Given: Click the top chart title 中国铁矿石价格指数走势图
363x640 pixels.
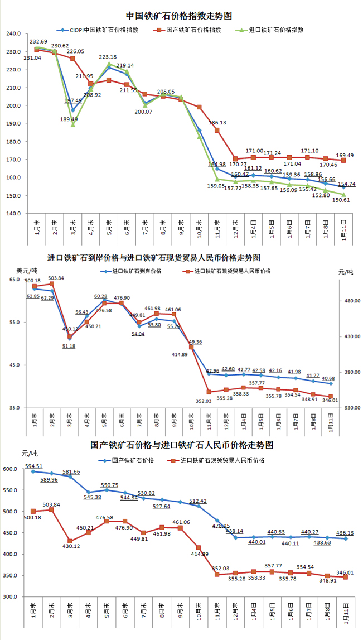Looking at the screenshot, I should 179,16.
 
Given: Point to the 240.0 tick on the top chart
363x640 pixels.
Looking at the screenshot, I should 13,34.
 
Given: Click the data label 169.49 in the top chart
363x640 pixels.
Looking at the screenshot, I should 343,156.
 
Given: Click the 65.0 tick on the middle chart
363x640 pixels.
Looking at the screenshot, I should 14,280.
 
